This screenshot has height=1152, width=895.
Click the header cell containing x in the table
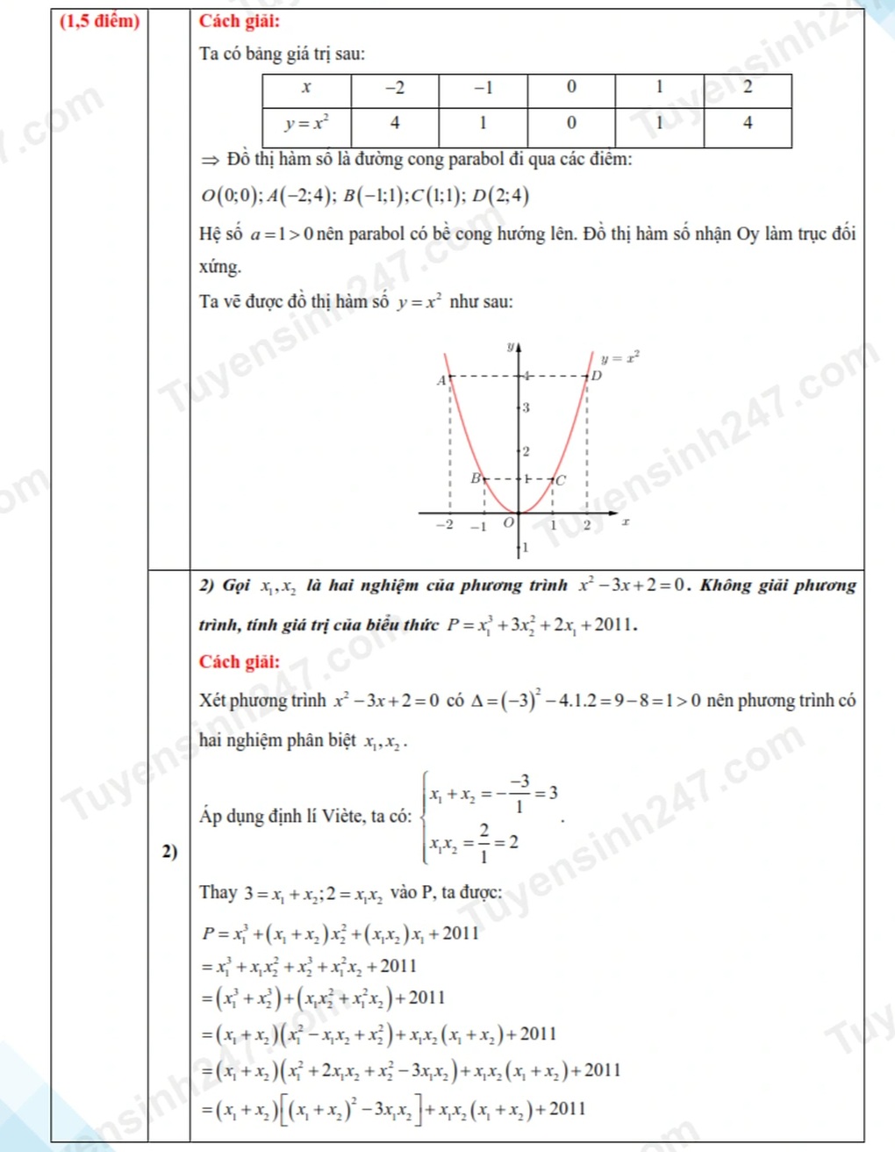pyautogui.click(x=306, y=88)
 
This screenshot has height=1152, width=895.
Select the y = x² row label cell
pyautogui.click(x=306, y=124)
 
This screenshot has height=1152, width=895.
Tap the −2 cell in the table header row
pyautogui.click(x=395, y=88)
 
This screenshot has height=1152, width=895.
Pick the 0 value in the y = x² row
pyautogui.click(x=571, y=124)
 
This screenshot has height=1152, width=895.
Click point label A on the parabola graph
pyautogui.click(x=441, y=380)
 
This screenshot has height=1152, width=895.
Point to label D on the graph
pyautogui.click(x=597, y=376)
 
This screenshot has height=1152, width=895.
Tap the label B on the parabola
pyautogui.click(x=476, y=479)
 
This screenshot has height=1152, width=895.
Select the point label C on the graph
pyautogui.click(x=561, y=480)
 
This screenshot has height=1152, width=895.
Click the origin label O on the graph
pyautogui.click(x=507, y=523)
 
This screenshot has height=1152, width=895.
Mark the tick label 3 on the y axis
pyautogui.click(x=526, y=407)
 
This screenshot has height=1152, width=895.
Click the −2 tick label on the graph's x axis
pyautogui.click(x=446, y=525)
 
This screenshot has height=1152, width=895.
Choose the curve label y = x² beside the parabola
pyautogui.click(x=619, y=357)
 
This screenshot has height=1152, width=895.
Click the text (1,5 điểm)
pyautogui.click(x=99, y=21)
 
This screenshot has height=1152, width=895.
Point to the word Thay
pyautogui.click(x=218, y=893)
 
